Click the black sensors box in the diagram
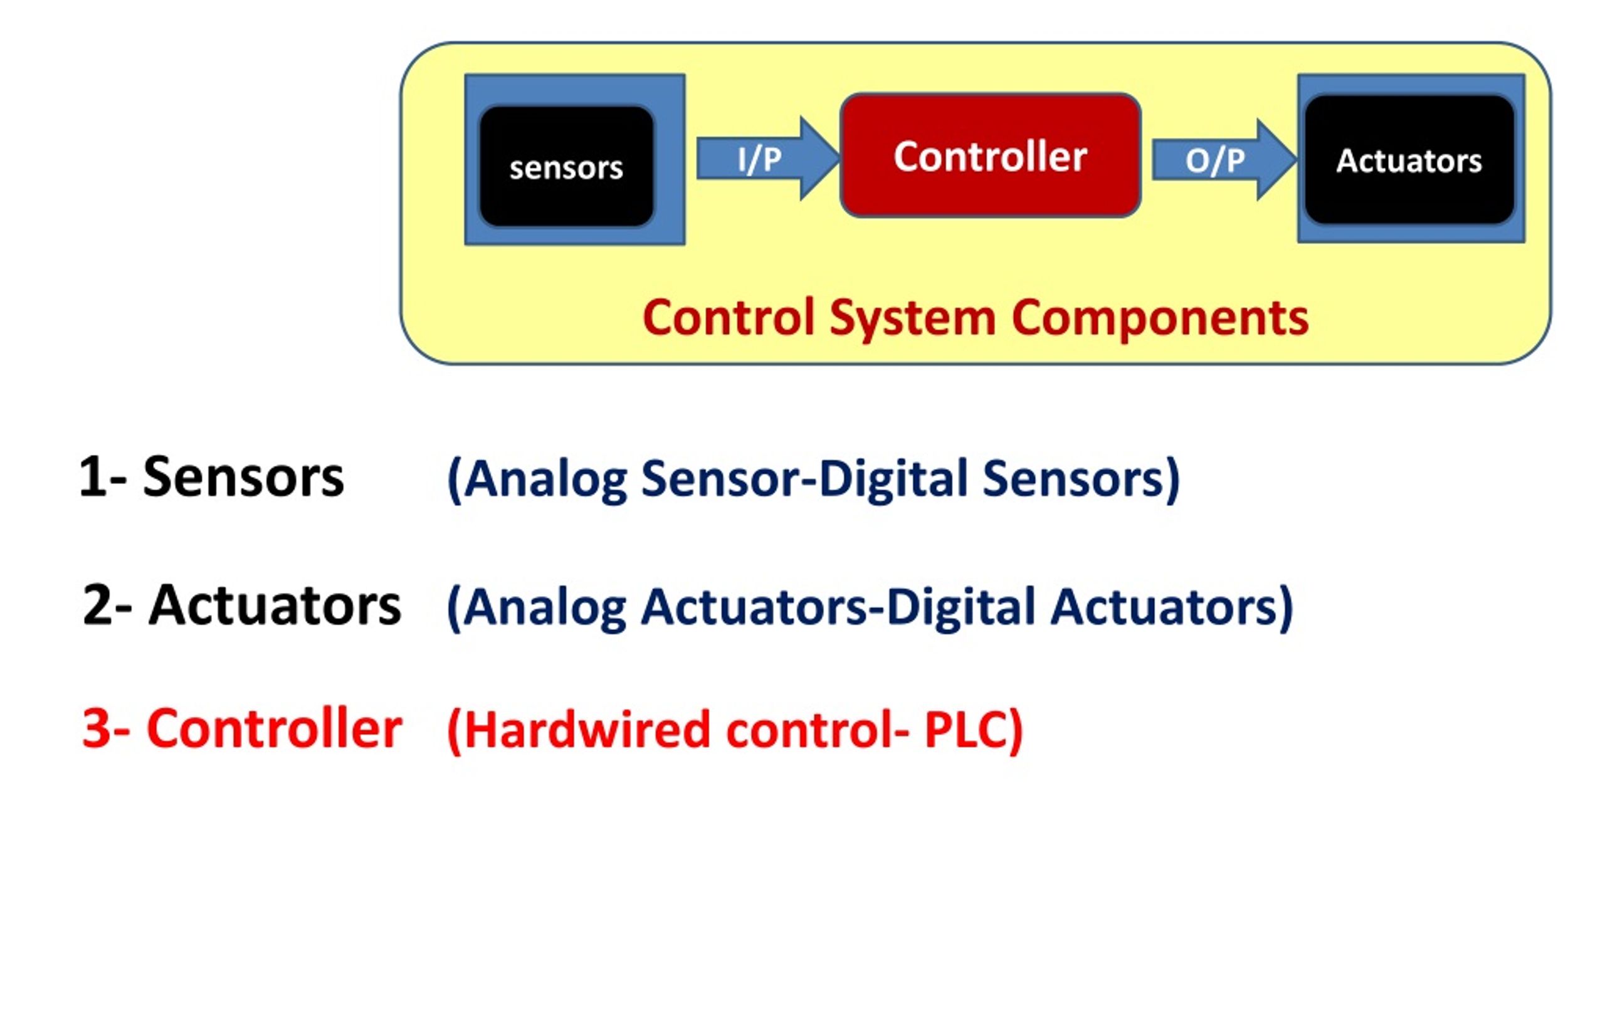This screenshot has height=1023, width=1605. point(567,167)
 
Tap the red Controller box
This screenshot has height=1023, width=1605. point(991,156)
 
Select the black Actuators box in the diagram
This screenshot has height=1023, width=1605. point(1409,160)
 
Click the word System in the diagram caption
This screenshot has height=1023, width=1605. point(912,318)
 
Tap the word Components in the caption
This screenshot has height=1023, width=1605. point(1160,318)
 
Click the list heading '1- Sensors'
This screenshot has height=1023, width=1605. point(211,477)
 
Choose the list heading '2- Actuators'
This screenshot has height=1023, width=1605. point(242,605)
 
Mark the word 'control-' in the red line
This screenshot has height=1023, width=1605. point(817,730)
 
